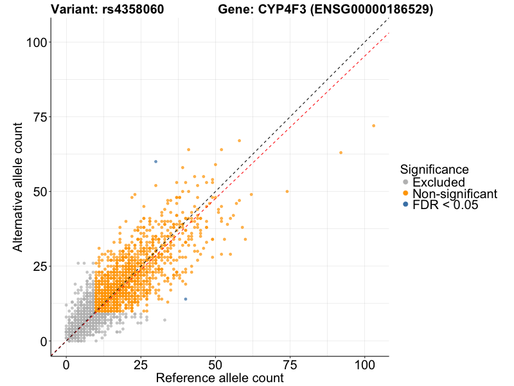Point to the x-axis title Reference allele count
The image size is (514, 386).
[x=219, y=378]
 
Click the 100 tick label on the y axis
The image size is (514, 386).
[x=37, y=42]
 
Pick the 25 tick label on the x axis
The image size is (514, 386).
[x=141, y=363]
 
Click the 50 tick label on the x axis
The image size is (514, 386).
[x=215, y=363]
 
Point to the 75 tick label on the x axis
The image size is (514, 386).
[x=290, y=363]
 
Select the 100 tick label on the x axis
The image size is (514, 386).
[x=364, y=363]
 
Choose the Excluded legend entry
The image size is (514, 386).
[x=438, y=183]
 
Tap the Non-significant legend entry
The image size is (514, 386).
[x=454, y=194]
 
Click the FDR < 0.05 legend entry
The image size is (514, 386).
[x=445, y=205]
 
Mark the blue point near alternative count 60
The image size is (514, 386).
[x=155, y=161]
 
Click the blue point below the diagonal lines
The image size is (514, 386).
[x=186, y=299]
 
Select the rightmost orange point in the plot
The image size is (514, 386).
[x=373, y=125]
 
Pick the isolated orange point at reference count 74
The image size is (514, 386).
[x=287, y=191]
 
